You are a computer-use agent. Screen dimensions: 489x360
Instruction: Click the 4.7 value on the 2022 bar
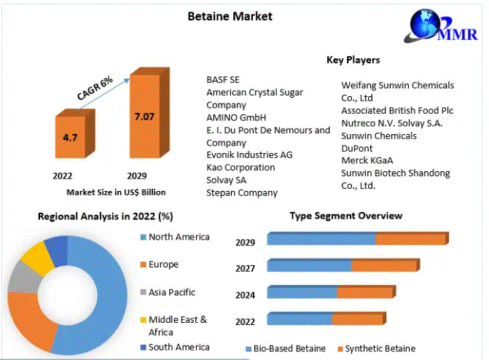70,138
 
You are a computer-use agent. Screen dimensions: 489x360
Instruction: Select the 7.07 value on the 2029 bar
144,117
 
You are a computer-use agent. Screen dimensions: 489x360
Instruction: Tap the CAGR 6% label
95,89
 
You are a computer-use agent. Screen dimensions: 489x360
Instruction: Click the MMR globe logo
441,26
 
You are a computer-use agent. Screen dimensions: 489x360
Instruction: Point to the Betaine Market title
230,16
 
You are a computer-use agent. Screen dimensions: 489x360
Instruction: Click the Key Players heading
353,60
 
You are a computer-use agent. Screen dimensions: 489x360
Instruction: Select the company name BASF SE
223,80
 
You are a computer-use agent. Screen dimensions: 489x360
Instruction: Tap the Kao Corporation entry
240,168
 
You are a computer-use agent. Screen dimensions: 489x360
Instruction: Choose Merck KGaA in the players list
367,160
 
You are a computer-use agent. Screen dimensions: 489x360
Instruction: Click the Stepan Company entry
242,193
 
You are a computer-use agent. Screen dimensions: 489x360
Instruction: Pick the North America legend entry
175,237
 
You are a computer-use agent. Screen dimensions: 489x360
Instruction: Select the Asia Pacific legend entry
168,292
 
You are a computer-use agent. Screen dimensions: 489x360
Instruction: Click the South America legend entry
175,347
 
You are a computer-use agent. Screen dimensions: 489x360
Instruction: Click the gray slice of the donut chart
26,277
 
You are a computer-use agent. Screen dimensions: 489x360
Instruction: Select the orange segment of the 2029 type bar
412,238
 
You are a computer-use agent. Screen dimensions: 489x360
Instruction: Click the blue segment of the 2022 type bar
300,318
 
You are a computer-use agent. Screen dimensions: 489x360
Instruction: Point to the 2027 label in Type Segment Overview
245,269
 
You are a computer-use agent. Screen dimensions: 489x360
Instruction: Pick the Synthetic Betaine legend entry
377,349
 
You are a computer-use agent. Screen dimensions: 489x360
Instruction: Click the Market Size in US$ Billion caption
116,192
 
